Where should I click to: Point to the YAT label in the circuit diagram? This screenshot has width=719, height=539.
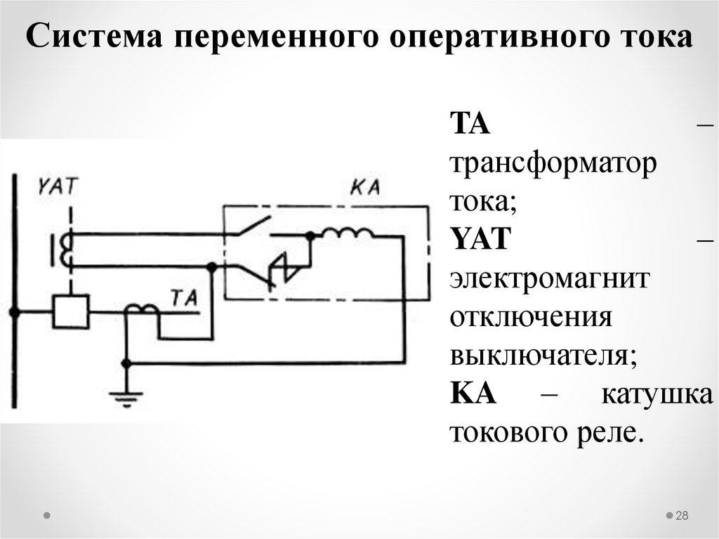pos(59,186)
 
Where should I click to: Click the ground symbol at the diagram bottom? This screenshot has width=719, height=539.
pos(126,397)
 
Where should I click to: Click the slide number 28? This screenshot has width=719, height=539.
pos(682,517)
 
